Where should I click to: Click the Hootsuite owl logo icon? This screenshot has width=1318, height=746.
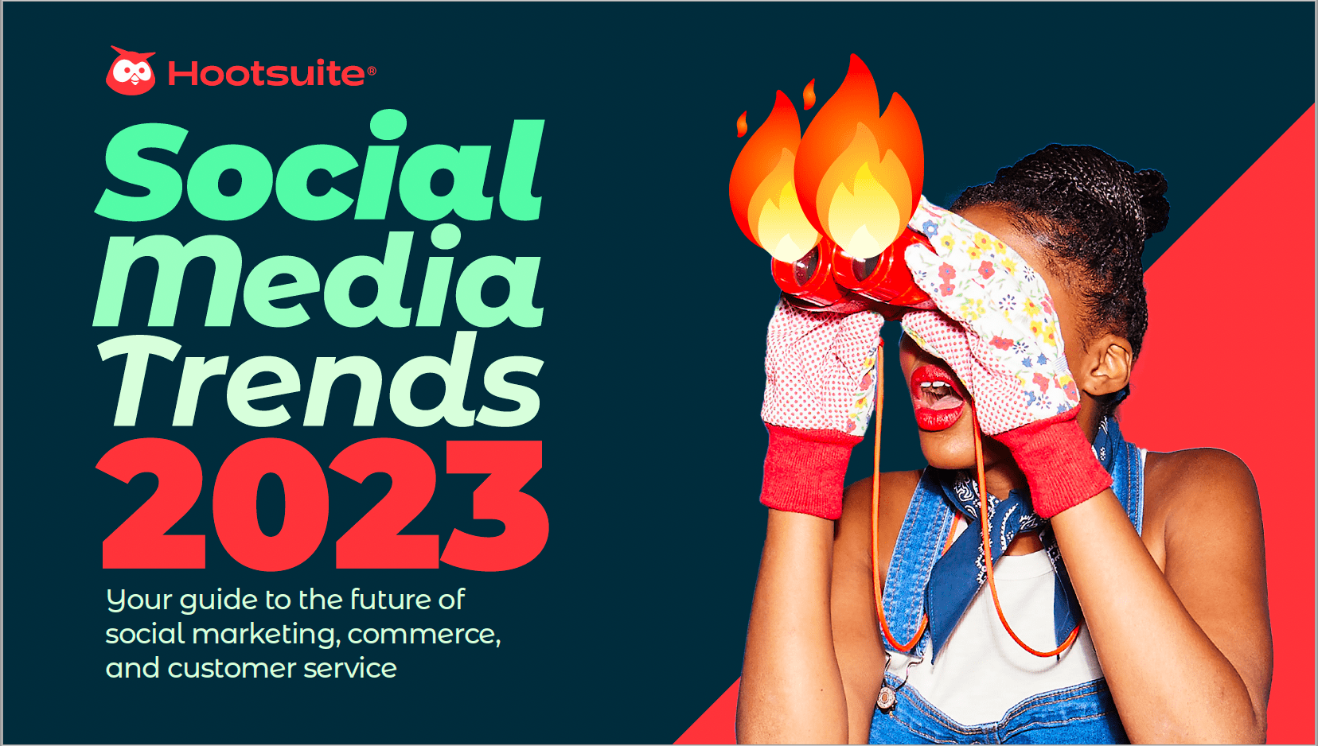[131, 71]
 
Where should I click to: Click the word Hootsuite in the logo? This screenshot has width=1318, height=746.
[267, 73]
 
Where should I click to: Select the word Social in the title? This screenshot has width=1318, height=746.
[319, 165]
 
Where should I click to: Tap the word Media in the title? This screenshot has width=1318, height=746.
[318, 276]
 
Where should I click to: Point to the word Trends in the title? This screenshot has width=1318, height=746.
[321, 379]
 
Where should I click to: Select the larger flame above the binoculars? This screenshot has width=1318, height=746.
[859, 165]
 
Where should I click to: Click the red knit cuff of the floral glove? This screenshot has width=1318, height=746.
[1051, 464]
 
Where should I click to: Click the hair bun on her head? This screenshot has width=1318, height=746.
[1150, 200]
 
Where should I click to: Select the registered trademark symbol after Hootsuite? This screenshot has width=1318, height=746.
[371, 71]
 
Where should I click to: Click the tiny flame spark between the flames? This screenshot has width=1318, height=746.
[809, 94]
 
